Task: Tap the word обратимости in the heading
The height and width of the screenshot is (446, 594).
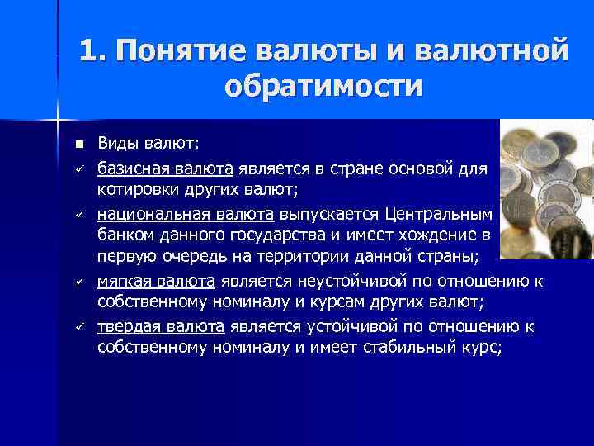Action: click(323, 86)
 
